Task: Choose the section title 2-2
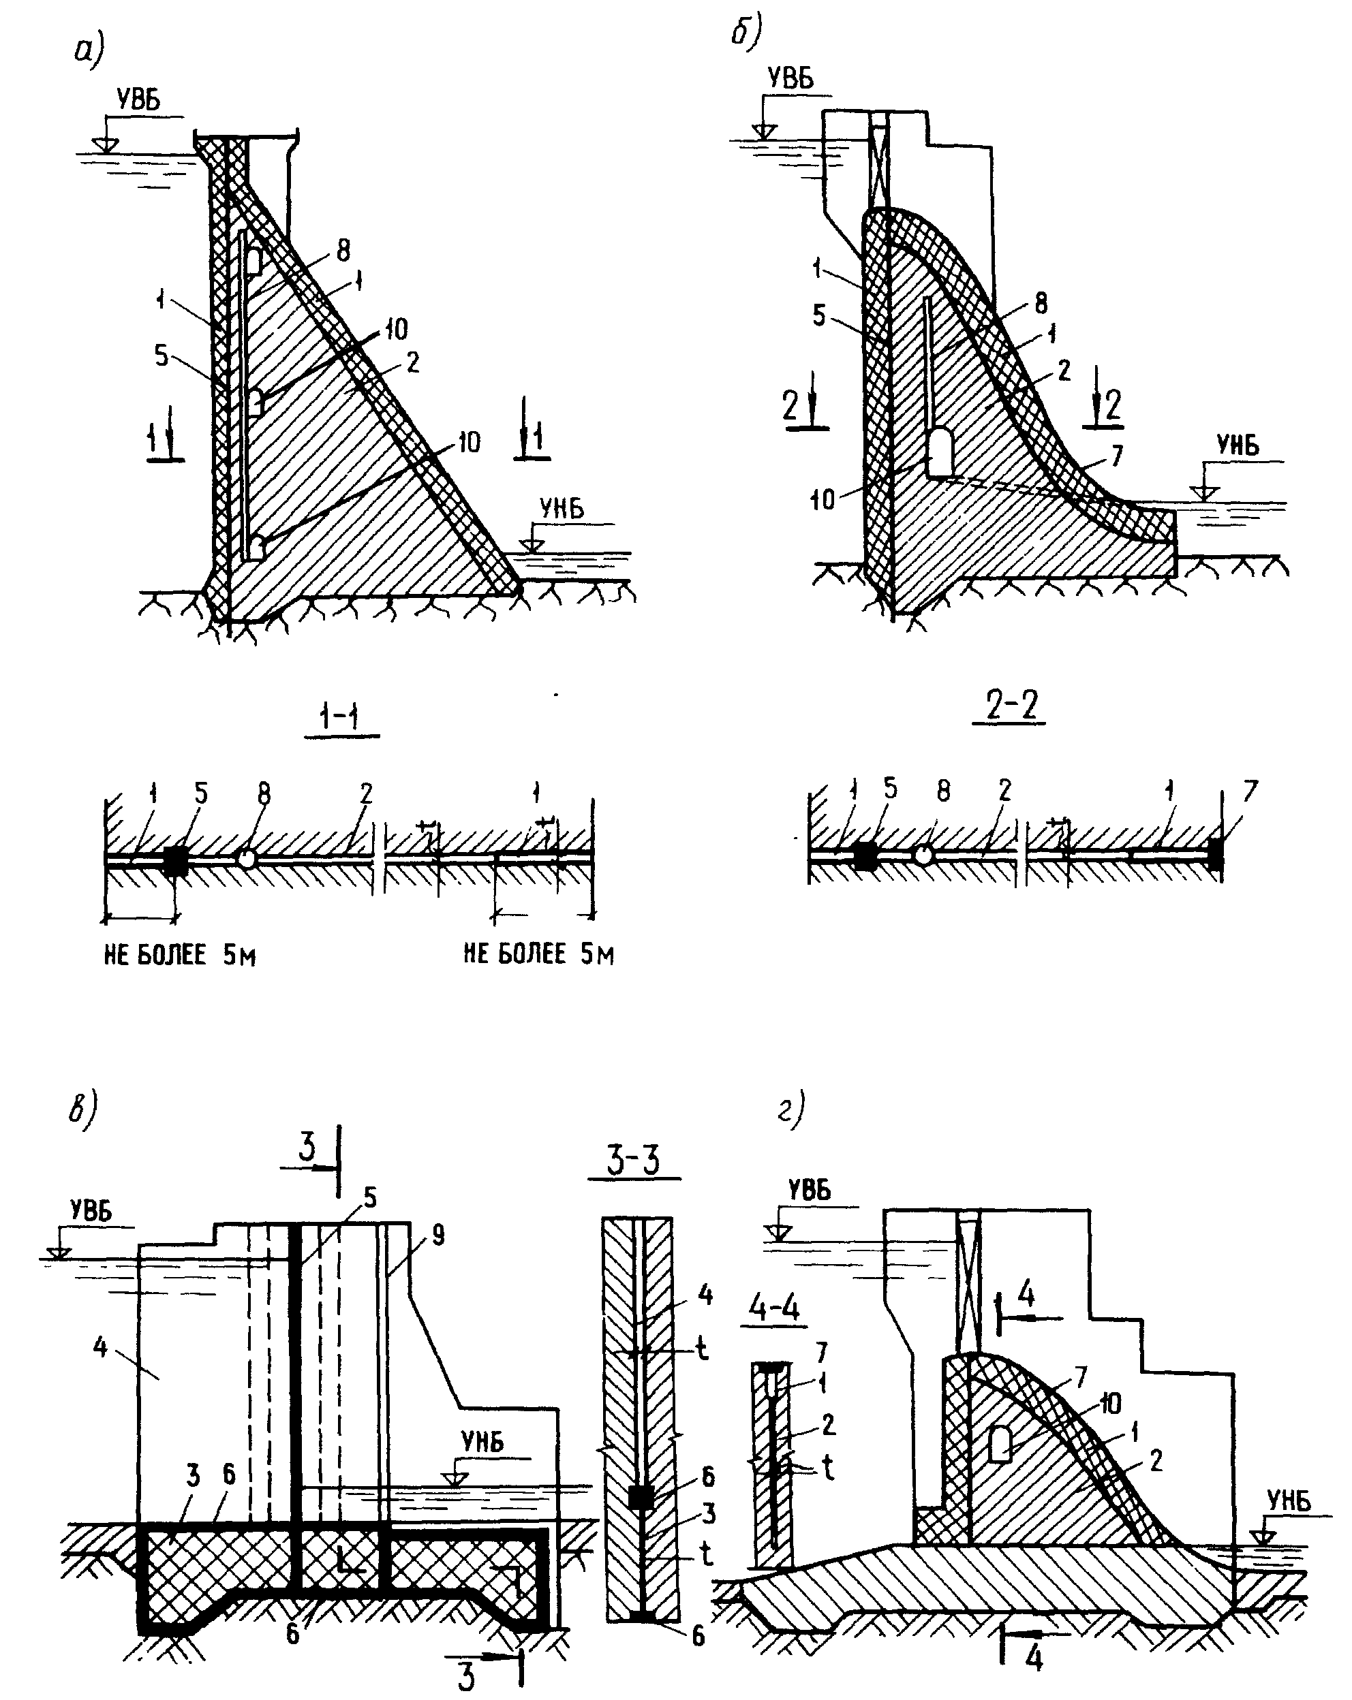pos(1012,706)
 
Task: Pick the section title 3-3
pos(635,1160)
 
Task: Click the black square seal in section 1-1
pos(175,860)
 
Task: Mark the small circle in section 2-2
pos(922,855)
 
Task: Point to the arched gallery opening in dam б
pos(940,453)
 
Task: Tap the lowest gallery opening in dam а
pos(256,546)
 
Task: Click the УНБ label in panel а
pos(562,509)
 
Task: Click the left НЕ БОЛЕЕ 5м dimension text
pos(180,956)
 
